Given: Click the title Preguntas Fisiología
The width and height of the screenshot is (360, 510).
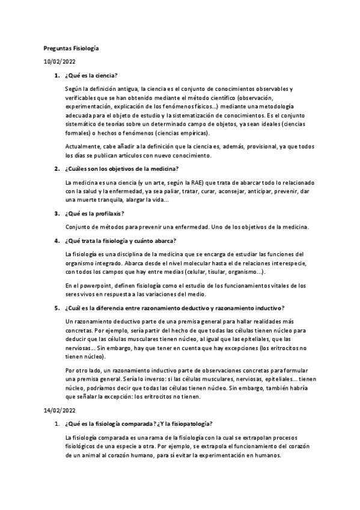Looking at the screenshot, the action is (71, 47).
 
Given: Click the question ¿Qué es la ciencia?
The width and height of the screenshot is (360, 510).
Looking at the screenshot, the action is (91, 76).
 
